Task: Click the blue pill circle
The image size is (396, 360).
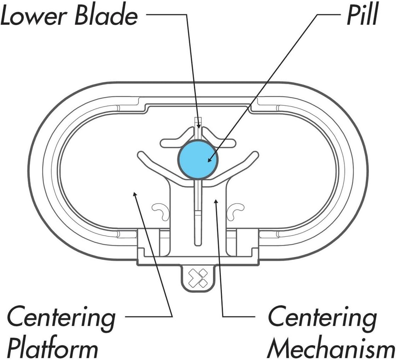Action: pos(198,160)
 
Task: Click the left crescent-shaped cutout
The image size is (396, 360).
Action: pos(160,211)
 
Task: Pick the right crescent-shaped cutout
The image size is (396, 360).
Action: pos(236,211)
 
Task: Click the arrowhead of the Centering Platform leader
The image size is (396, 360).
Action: pos(135,193)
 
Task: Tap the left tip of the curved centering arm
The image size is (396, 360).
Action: pos(140,155)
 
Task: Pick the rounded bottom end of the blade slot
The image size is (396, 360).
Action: pos(198,243)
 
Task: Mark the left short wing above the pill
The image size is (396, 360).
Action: pos(170,143)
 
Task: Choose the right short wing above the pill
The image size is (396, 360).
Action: pos(225,143)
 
